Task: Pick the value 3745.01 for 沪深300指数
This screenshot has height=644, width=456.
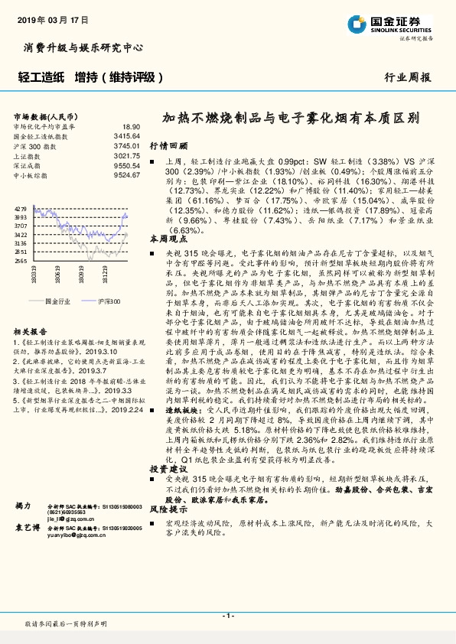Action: [128, 145]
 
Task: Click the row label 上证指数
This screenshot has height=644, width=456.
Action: [28, 155]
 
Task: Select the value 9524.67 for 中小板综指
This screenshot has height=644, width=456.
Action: [128, 174]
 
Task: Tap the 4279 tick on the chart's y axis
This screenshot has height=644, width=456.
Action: [21, 208]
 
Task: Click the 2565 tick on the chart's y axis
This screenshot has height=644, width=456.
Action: [21, 260]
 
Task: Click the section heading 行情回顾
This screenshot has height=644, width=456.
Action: [168, 145]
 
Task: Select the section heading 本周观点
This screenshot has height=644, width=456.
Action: [168, 239]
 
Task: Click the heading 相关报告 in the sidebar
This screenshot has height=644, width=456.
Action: [30, 332]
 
